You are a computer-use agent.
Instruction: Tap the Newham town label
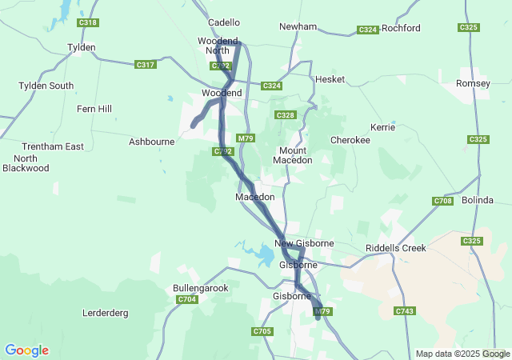pos(298,26)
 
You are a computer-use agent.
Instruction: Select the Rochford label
pos(401,28)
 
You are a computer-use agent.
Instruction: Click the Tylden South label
pos(46,86)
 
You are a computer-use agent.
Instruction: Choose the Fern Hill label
pos(94,109)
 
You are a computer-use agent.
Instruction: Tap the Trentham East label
pos(52,146)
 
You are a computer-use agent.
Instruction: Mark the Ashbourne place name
pos(151,142)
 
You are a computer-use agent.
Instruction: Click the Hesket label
pos(330,79)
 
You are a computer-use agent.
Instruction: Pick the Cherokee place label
pos(350,140)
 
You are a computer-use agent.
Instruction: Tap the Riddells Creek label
pos(395,248)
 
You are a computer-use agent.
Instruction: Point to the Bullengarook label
pos(201,287)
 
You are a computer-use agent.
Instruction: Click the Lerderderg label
pos(105,313)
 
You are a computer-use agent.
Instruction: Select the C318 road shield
pos(88,22)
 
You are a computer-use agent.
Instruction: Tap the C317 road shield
pos(146,65)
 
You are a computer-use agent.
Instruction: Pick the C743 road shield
pos(404,310)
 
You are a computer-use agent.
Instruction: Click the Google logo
pos(26,350)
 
